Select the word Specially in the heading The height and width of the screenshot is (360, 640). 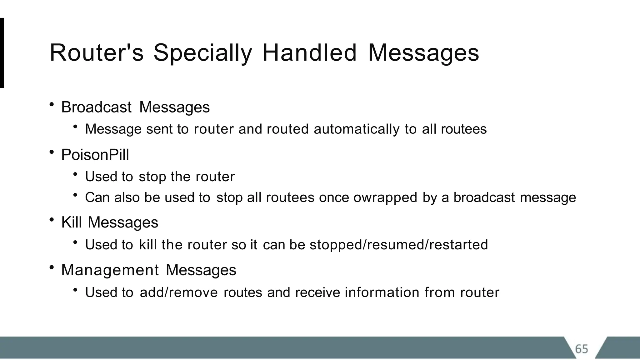(x=202, y=53)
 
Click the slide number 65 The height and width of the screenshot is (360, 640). (x=582, y=349)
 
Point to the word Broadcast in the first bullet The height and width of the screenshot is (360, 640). (x=96, y=107)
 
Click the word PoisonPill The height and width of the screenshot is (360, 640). (x=95, y=155)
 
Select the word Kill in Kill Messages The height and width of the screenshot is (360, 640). (x=72, y=222)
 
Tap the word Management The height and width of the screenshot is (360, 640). (x=110, y=270)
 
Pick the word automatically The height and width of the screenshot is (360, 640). (x=357, y=129)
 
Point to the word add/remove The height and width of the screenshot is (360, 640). (x=179, y=292)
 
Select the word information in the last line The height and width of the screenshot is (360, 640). (x=382, y=292)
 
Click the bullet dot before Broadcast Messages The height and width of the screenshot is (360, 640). (x=52, y=104)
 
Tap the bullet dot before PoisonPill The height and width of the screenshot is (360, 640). (x=52, y=152)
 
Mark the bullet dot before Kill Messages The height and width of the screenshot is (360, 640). (x=52, y=220)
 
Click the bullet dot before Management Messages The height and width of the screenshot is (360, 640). (x=52, y=267)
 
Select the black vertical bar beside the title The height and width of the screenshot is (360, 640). (x=2, y=53)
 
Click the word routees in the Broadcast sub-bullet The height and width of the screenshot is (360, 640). (x=464, y=129)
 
